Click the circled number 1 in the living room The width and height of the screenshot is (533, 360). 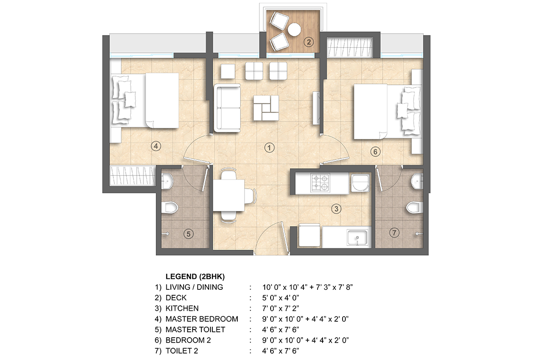click(270, 147)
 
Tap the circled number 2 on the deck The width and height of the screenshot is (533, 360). click(309, 43)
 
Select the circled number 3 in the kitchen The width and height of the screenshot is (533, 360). click(336, 209)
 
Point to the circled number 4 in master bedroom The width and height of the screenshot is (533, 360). click(155, 146)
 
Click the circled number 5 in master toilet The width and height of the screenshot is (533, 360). click(188, 234)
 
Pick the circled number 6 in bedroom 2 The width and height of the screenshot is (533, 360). click(374, 152)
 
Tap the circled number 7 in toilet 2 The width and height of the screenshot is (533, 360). click(395, 233)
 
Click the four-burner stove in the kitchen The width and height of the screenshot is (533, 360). click(321, 182)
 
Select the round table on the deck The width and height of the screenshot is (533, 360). click(294, 30)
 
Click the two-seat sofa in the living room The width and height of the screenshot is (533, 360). click(227, 108)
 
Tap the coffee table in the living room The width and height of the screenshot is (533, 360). click(266, 108)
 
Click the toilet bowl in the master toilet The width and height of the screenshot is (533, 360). click(170, 208)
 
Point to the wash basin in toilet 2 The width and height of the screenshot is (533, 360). click(416, 182)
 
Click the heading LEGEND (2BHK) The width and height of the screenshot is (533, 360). click(195, 277)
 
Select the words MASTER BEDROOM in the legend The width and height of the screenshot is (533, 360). click(202, 319)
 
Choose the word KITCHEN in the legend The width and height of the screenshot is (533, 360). click(182, 308)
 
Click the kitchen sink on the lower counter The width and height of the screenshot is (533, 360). click(358, 237)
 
